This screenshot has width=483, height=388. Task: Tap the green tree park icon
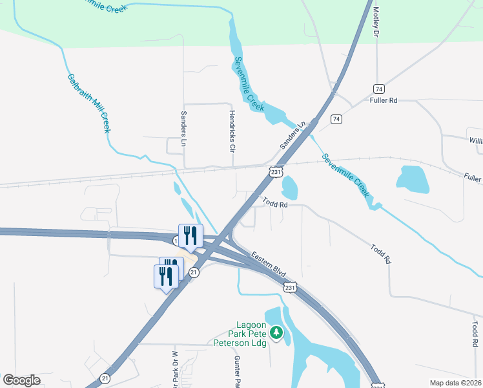coord(276,332)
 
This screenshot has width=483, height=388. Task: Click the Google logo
coord(21,380)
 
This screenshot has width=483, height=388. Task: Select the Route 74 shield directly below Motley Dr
coord(378,89)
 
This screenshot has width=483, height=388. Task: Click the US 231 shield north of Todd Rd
coord(276,172)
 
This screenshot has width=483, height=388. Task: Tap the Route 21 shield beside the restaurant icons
coord(194,273)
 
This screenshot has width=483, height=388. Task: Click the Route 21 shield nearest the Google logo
coord(105,378)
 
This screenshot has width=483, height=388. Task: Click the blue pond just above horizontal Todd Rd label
coord(290,187)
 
